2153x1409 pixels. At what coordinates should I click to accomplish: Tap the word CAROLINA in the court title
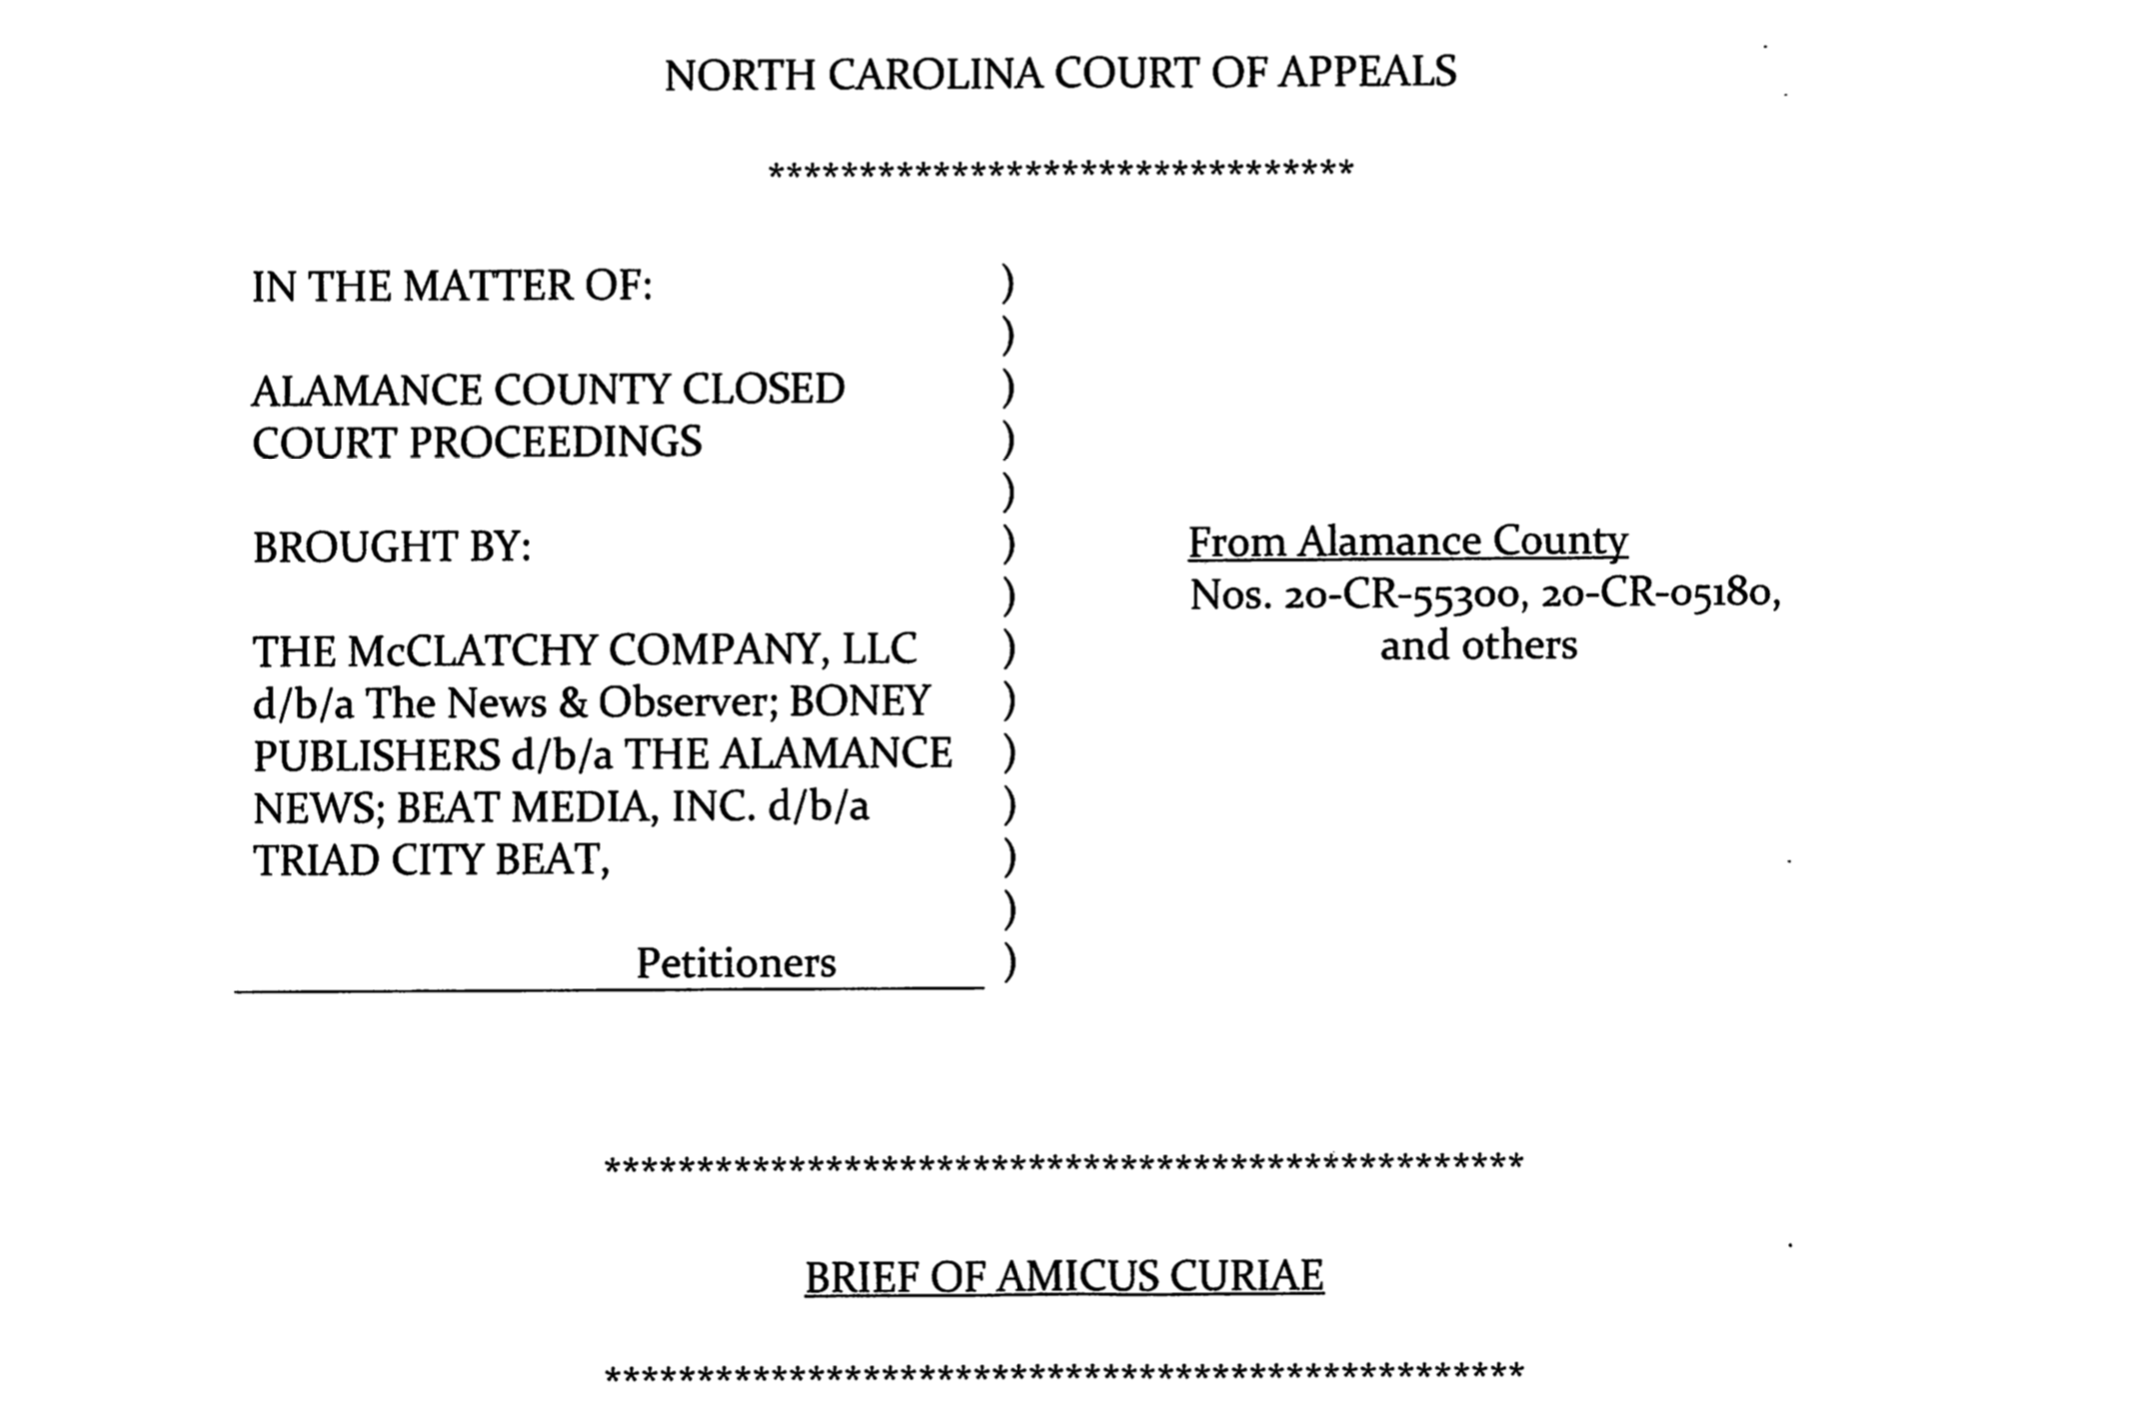(935, 75)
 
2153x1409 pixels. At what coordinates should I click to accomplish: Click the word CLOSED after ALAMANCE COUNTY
(763, 390)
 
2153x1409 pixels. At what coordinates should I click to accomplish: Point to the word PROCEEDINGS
(555, 443)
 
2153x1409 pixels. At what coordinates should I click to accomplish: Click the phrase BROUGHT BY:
(391, 548)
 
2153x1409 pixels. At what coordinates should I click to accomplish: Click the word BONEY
(860, 702)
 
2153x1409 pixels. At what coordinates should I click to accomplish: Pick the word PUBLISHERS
(376, 755)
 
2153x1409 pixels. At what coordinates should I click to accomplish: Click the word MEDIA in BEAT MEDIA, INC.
(584, 807)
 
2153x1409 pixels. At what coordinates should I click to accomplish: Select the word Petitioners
(736, 963)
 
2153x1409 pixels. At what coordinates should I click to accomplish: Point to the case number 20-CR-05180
(1659, 594)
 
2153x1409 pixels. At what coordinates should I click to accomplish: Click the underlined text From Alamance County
(1407, 542)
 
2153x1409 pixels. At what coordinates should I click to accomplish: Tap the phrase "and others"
(1478, 646)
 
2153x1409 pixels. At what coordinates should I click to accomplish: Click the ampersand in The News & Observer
(572, 704)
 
